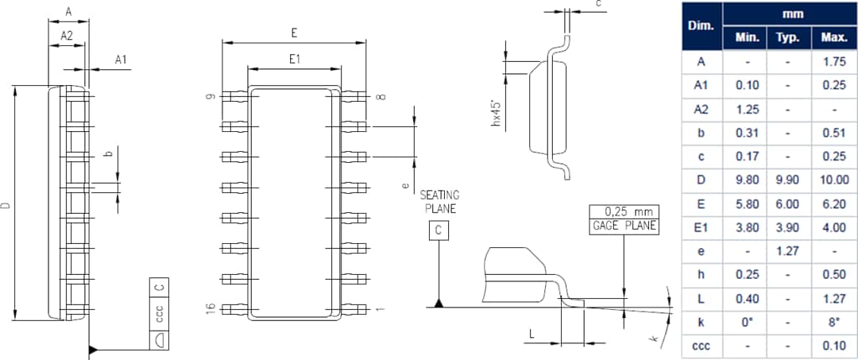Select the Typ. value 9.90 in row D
(787, 180)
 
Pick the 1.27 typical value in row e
(787, 250)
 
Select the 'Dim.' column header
(701, 26)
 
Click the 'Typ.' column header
(787, 37)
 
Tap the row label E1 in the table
(701, 227)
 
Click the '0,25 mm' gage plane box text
(624, 212)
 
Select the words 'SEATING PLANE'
(439, 202)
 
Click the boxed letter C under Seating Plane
(439, 231)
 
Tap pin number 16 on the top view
(210, 308)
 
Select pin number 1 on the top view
(381, 308)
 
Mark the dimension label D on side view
(6, 205)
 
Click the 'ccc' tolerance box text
(159, 314)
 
